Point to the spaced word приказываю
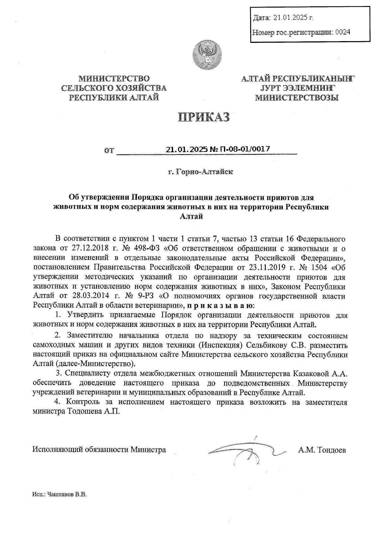tap(220, 306)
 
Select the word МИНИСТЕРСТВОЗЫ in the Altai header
tap(297, 98)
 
